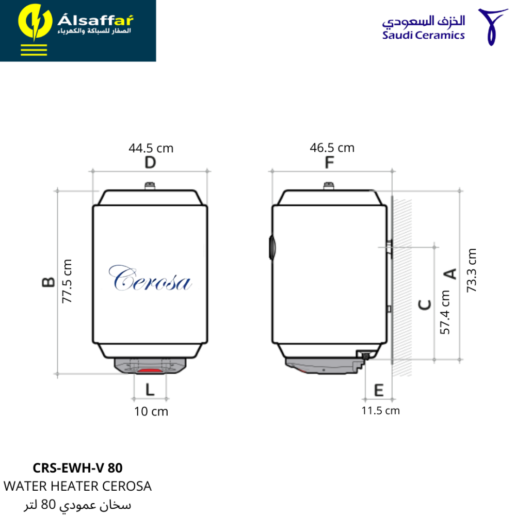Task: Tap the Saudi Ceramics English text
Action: (423, 35)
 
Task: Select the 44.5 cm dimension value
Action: (151, 148)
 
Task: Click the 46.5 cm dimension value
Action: (332, 148)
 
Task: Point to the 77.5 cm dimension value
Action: (67, 281)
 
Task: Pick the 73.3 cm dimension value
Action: (471, 270)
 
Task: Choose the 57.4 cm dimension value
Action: (445, 312)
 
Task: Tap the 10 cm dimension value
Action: (151, 411)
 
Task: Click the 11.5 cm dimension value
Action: (381, 411)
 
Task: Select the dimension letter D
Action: (150, 163)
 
